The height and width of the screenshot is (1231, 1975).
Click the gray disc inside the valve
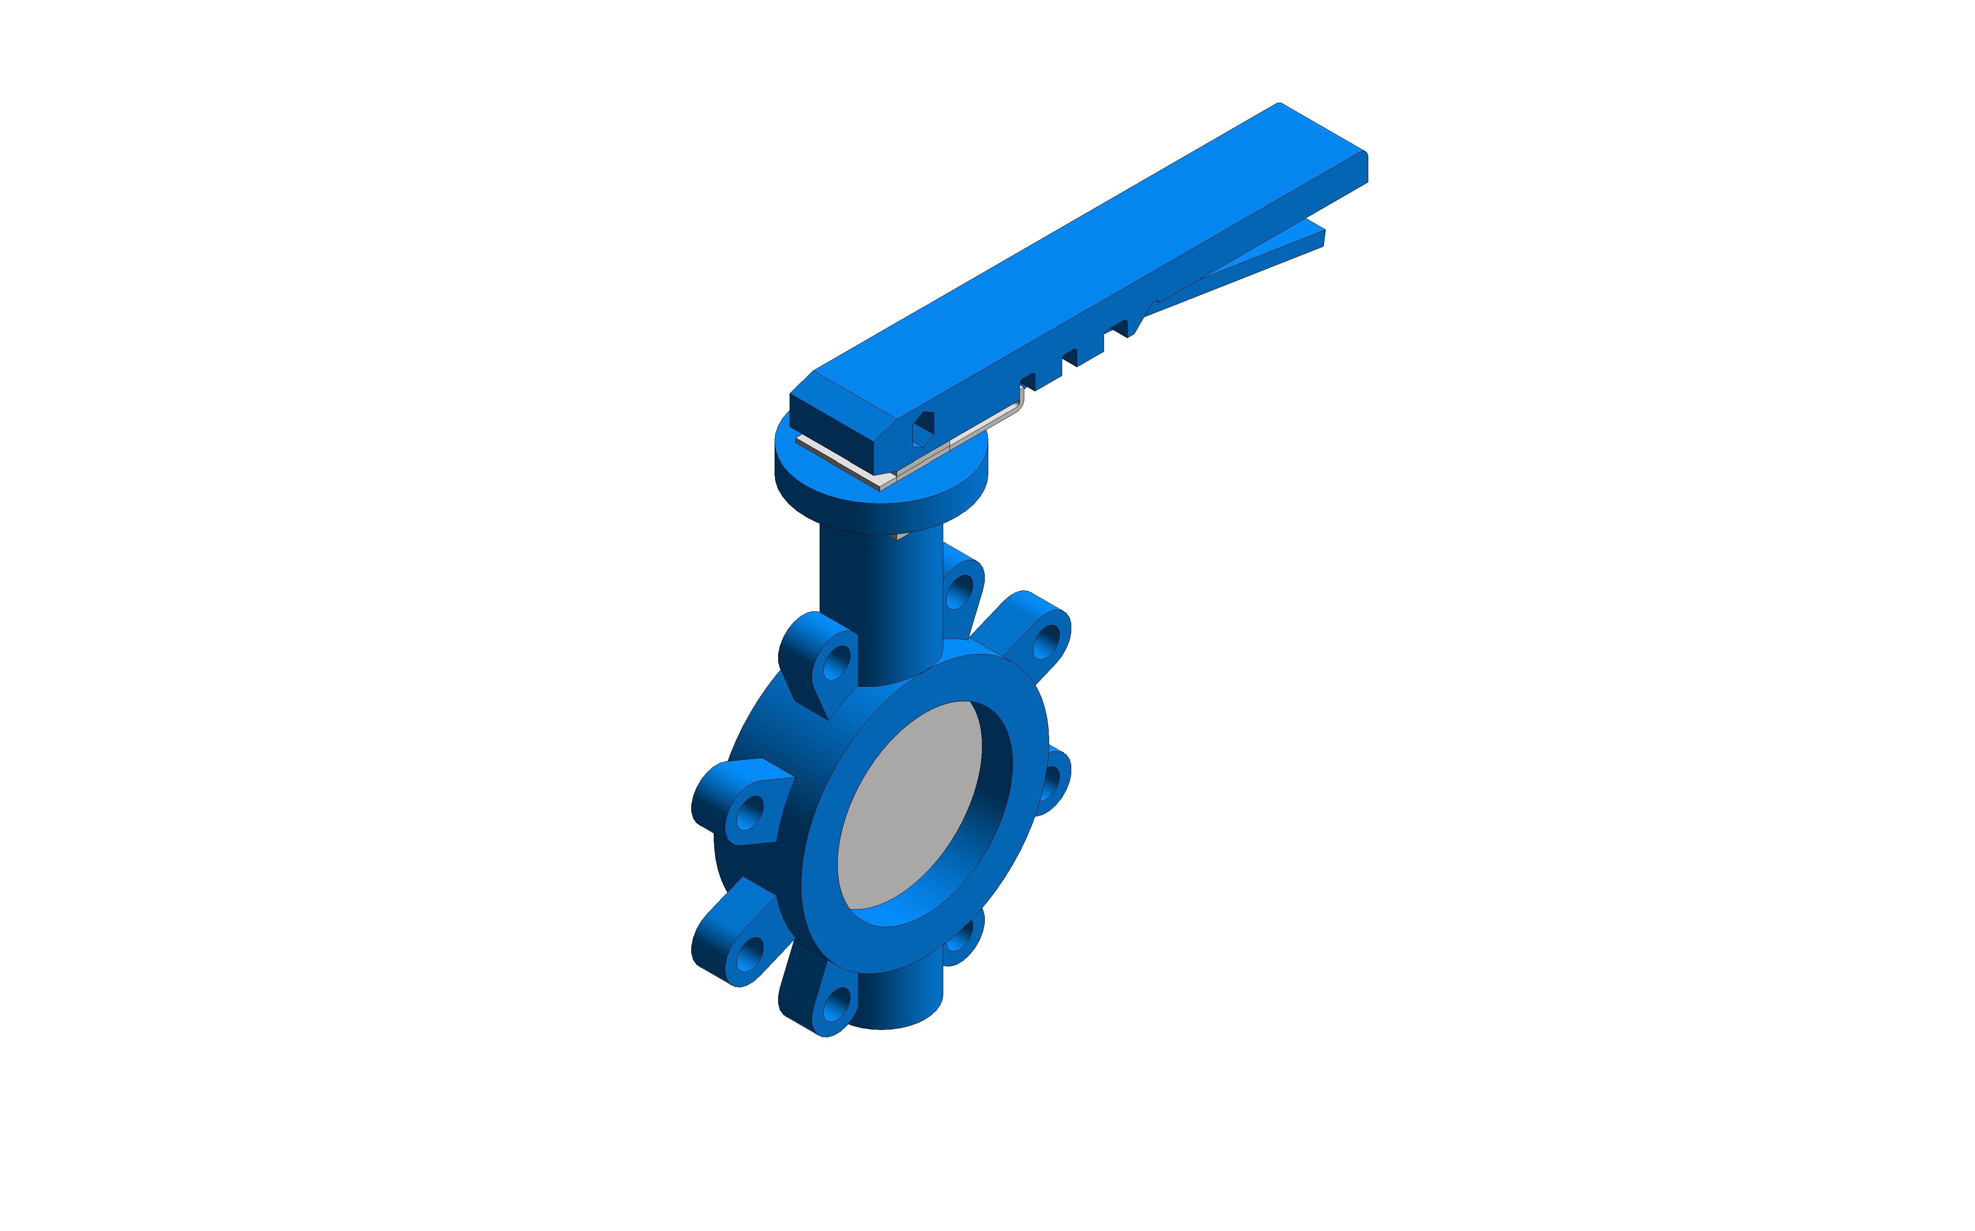[908, 806]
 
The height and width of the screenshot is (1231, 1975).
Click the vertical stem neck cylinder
[879, 594]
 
